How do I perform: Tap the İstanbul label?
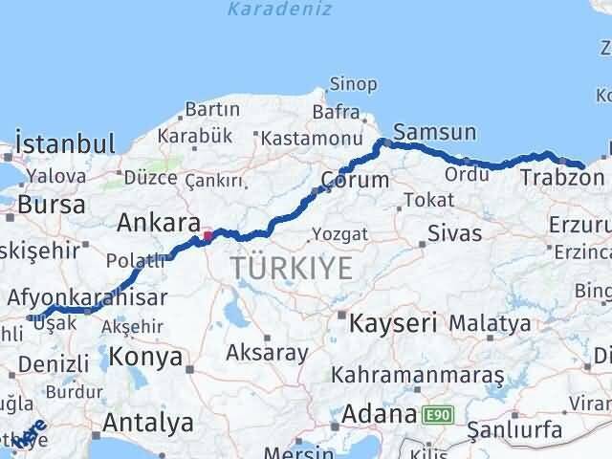[66, 145]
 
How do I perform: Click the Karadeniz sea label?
[280, 11]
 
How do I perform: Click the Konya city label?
[146, 358]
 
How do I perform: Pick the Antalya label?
[147, 422]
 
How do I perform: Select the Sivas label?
[454, 232]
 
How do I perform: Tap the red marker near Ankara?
[208, 234]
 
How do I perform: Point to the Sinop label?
[353, 84]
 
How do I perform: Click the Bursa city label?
[51, 205]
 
